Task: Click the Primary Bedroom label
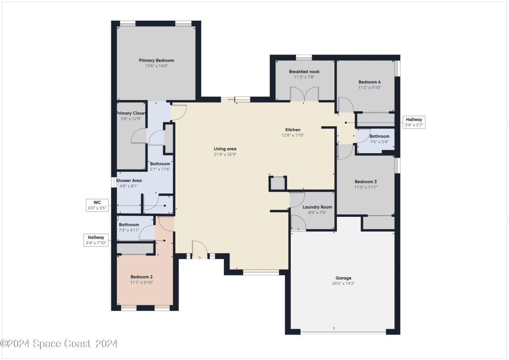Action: [x=156, y=60]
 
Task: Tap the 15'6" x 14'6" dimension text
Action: [x=156, y=66]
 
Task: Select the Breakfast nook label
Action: [x=304, y=72]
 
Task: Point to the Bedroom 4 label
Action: [x=369, y=82]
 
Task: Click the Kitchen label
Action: [x=293, y=130]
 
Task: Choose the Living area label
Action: [x=225, y=149]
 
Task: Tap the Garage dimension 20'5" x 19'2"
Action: [x=343, y=283]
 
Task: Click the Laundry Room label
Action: [x=317, y=207]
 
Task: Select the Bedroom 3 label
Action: [x=365, y=181]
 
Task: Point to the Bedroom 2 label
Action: [x=141, y=277]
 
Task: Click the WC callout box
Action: [x=97, y=205]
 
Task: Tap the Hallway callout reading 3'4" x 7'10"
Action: [x=96, y=240]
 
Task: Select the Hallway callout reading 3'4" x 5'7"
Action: [x=414, y=122]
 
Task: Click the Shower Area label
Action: [x=128, y=181]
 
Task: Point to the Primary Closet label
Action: [x=131, y=113]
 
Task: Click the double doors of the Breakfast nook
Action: [x=304, y=94]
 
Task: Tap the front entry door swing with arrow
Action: [x=200, y=250]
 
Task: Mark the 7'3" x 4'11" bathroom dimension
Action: [x=129, y=230]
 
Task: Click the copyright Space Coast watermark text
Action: [x=58, y=343]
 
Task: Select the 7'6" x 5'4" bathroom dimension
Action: [x=379, y=142]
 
